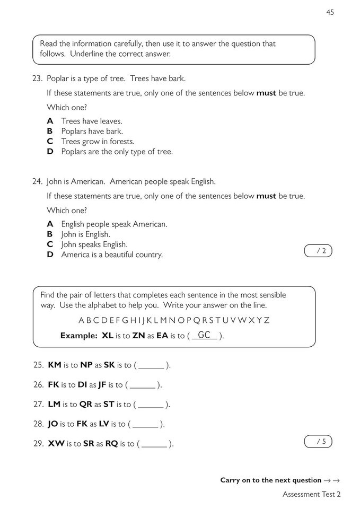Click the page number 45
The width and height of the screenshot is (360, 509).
coord(330,13)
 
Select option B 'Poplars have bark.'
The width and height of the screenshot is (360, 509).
coord(92,131)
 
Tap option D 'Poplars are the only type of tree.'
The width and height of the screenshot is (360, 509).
coord(117,152)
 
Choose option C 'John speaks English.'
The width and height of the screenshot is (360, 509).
coord(94,244)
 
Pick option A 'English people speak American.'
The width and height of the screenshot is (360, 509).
coord(114,224)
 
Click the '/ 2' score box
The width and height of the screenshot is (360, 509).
coord(318,251)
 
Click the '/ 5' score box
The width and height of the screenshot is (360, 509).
coord(318,441)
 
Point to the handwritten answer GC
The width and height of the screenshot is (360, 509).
coord(204,335)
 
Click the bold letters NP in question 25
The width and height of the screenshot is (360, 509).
coord(86,365)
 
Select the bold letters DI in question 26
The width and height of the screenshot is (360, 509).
coord(84,385)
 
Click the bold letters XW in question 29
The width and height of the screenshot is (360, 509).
coord(56,443)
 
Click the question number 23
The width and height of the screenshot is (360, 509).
coord(37,78)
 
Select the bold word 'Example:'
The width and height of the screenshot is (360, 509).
coord(79,336)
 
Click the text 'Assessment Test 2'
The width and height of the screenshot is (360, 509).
coord(311,494)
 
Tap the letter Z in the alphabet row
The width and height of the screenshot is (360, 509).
coord(267,320)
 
